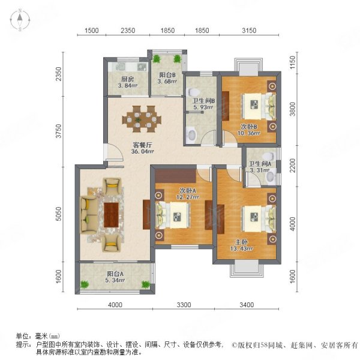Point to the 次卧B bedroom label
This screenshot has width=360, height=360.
[250, 127]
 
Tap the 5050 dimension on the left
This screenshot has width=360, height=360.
[59, 214]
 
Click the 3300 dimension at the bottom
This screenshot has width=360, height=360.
[184, 305]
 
